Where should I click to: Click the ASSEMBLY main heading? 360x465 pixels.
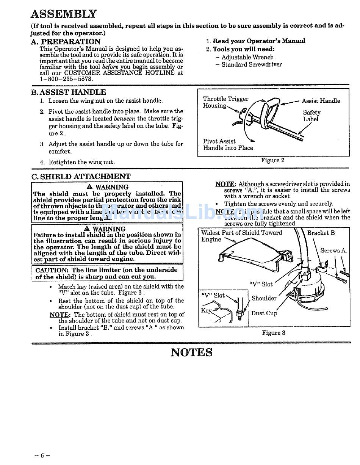click(63, 14)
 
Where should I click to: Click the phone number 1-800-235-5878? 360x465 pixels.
click(66, 79)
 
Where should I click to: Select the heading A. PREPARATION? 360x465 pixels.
click(66, 42)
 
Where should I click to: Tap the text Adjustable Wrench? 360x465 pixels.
click(247, 57)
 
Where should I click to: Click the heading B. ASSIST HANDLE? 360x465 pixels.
click(69, 92)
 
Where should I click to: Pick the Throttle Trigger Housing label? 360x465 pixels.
click(225, 102)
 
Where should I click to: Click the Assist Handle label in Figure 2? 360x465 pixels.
click(321, 101)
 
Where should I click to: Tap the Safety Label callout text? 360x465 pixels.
click(311, 116)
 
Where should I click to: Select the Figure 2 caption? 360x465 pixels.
click(272, 160)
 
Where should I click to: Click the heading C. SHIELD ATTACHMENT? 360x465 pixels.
click(81, 176)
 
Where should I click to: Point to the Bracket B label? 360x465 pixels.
click(321, 233)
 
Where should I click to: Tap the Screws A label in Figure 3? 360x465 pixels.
click(333, 251)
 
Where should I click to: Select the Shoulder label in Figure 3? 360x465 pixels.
click(264, 298)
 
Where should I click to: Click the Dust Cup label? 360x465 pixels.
click(264, 313)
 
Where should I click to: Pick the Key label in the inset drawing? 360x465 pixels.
click(206, 311)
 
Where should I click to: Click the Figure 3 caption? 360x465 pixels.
click(274, 333)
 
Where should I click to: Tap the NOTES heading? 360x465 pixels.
click(191, 352)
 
